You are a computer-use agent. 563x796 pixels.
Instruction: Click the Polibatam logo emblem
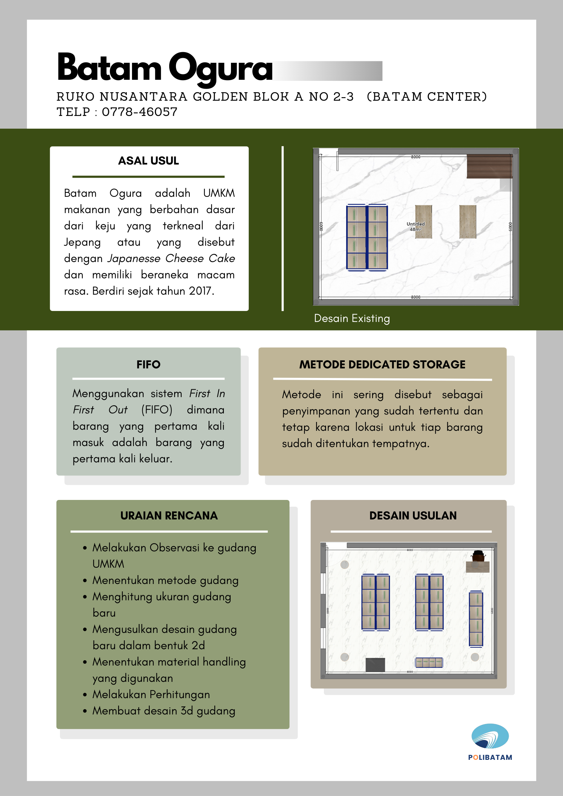click(490, 736)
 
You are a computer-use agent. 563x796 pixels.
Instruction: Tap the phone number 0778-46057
click(139, 112)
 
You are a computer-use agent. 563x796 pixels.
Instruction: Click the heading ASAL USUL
click(148, 161)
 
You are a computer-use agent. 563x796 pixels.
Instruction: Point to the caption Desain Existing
click(352, 318)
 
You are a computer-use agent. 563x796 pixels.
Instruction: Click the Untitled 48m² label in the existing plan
click(415, 227)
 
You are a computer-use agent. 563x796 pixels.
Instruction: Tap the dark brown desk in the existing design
click(489, 166)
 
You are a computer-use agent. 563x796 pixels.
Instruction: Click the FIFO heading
click(148, 364)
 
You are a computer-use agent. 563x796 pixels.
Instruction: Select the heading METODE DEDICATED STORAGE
click(382, 364)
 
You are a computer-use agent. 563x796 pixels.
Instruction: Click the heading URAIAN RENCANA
click(169, 516)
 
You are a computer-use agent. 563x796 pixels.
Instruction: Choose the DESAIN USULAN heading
click(413, 516)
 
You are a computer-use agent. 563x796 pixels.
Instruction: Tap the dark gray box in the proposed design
click(375, 665)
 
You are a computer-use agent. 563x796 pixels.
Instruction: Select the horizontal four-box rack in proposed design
click(429, 662)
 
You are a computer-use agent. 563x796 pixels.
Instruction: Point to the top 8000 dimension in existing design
click(415, 157)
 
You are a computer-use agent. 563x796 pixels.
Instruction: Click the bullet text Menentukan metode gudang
click(165, 580)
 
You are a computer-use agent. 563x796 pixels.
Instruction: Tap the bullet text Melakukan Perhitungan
click(151, 695)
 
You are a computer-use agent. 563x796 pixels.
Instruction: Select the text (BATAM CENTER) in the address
click(427, 97)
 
